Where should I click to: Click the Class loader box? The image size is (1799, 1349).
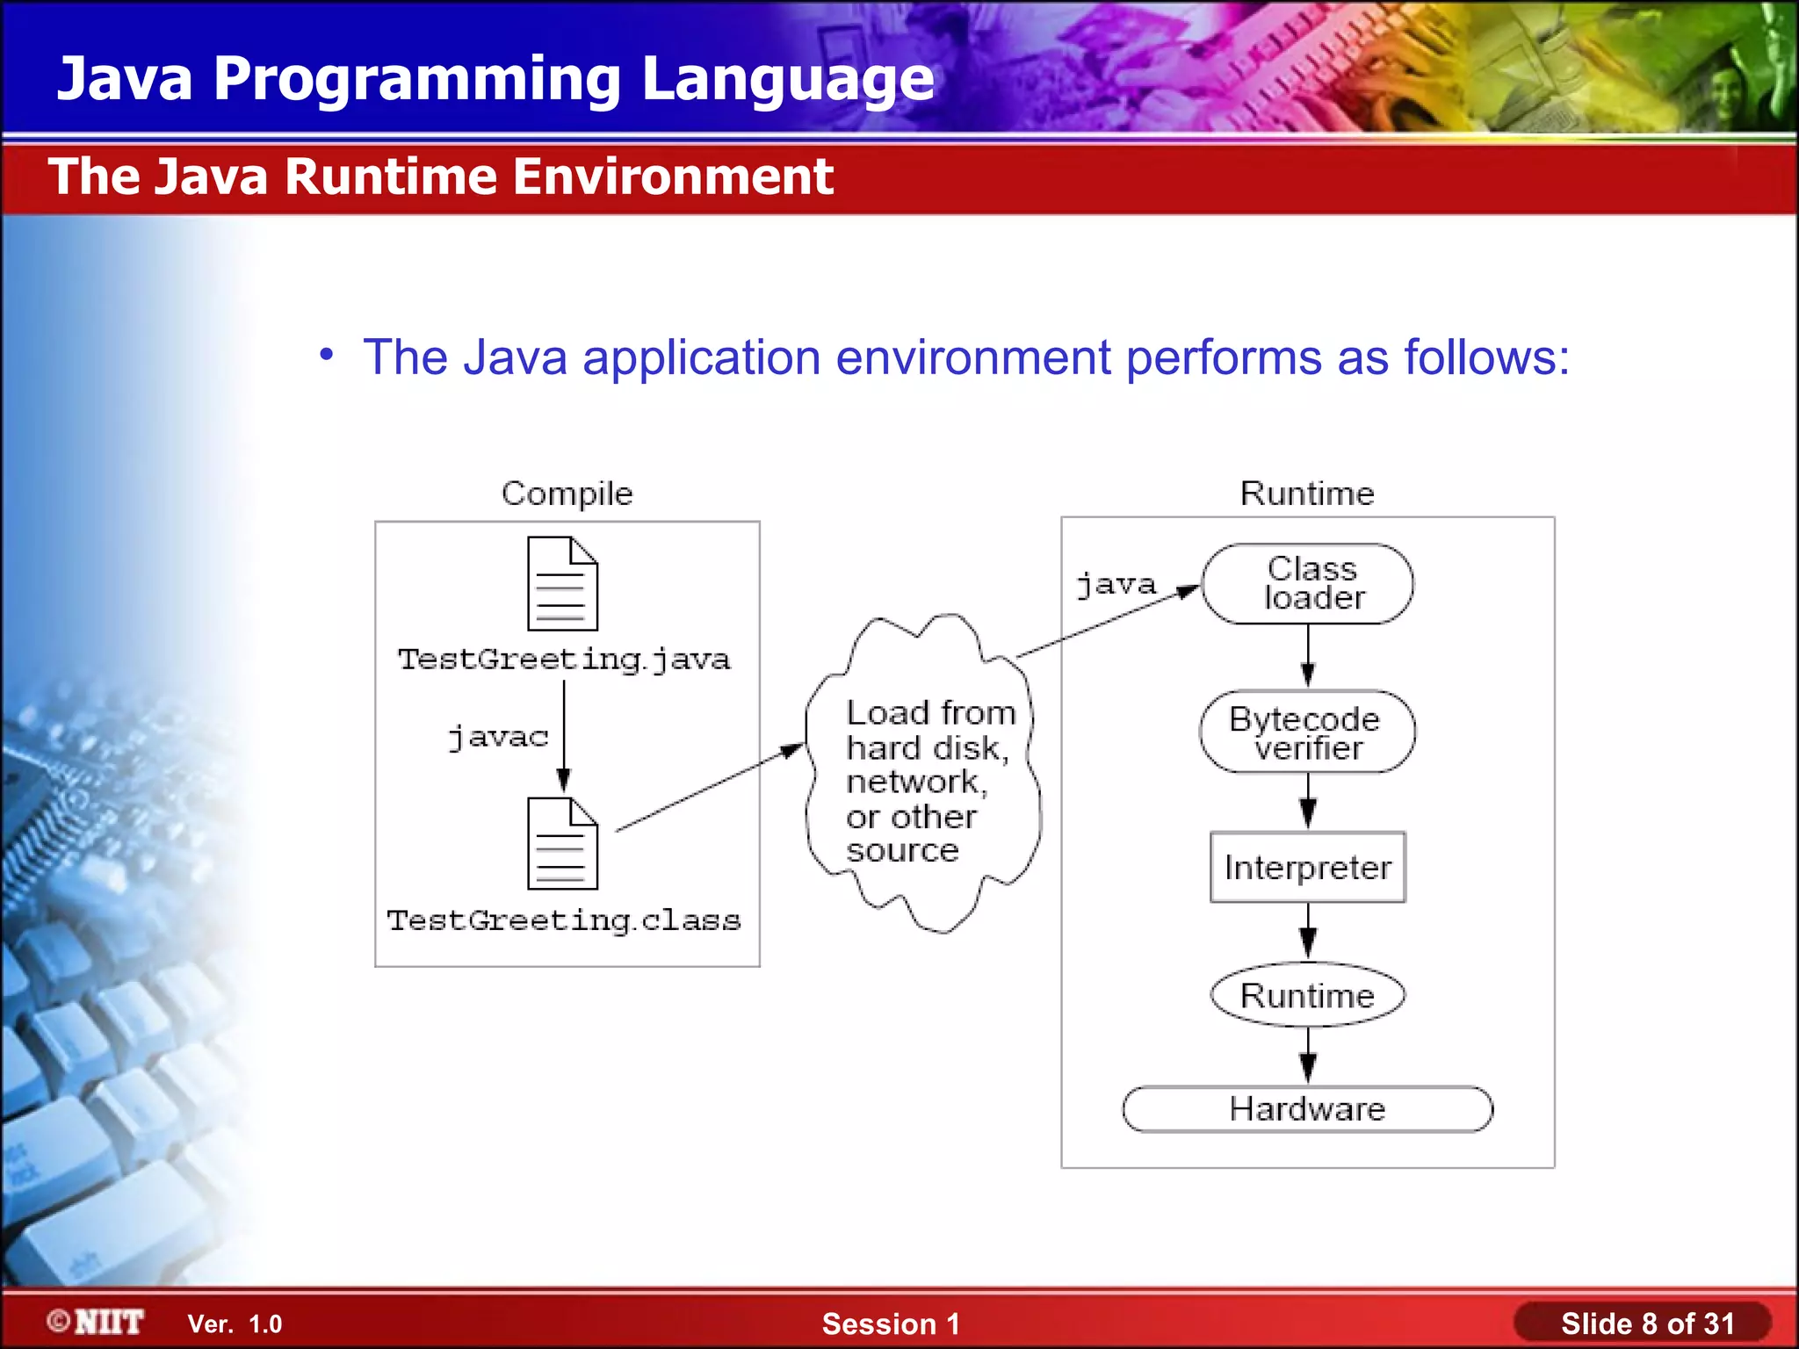(x=1307, y=584)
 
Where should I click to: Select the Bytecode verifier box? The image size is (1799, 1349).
(x=1307, y=732)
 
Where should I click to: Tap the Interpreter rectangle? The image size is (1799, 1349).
(x=1307, y=867)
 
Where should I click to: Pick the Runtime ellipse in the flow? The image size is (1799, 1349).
(x=1307, y=995)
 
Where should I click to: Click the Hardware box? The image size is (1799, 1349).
(x=1307, y=1108)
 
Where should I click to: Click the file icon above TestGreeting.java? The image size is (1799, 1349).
(x=562, y=584)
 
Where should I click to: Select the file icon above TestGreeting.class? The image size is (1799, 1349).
(x=562, y=844)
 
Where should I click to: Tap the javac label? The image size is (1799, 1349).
(x=498, y=737)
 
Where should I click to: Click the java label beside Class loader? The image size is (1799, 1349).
(x=1116, y=585)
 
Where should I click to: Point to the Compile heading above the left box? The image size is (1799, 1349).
(x=567, y=494)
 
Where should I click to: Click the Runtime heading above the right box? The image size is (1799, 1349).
(x=1307, y=494)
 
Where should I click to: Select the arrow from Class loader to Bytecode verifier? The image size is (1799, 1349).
(x=1308, y=657)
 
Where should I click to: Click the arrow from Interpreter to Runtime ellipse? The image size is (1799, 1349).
(x=1308, y=931)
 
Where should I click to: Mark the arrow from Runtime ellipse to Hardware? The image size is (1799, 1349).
(x=1308, y=1056)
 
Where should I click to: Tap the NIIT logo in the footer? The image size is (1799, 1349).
(x=97, y=1322)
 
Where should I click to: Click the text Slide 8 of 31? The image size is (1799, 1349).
(x=1647, y=1324)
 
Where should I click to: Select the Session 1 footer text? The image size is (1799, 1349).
(x=891, y=1324)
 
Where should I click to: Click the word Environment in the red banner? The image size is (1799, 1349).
(x=673, y=177)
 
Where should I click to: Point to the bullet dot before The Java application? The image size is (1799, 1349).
(x=327, y=354)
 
